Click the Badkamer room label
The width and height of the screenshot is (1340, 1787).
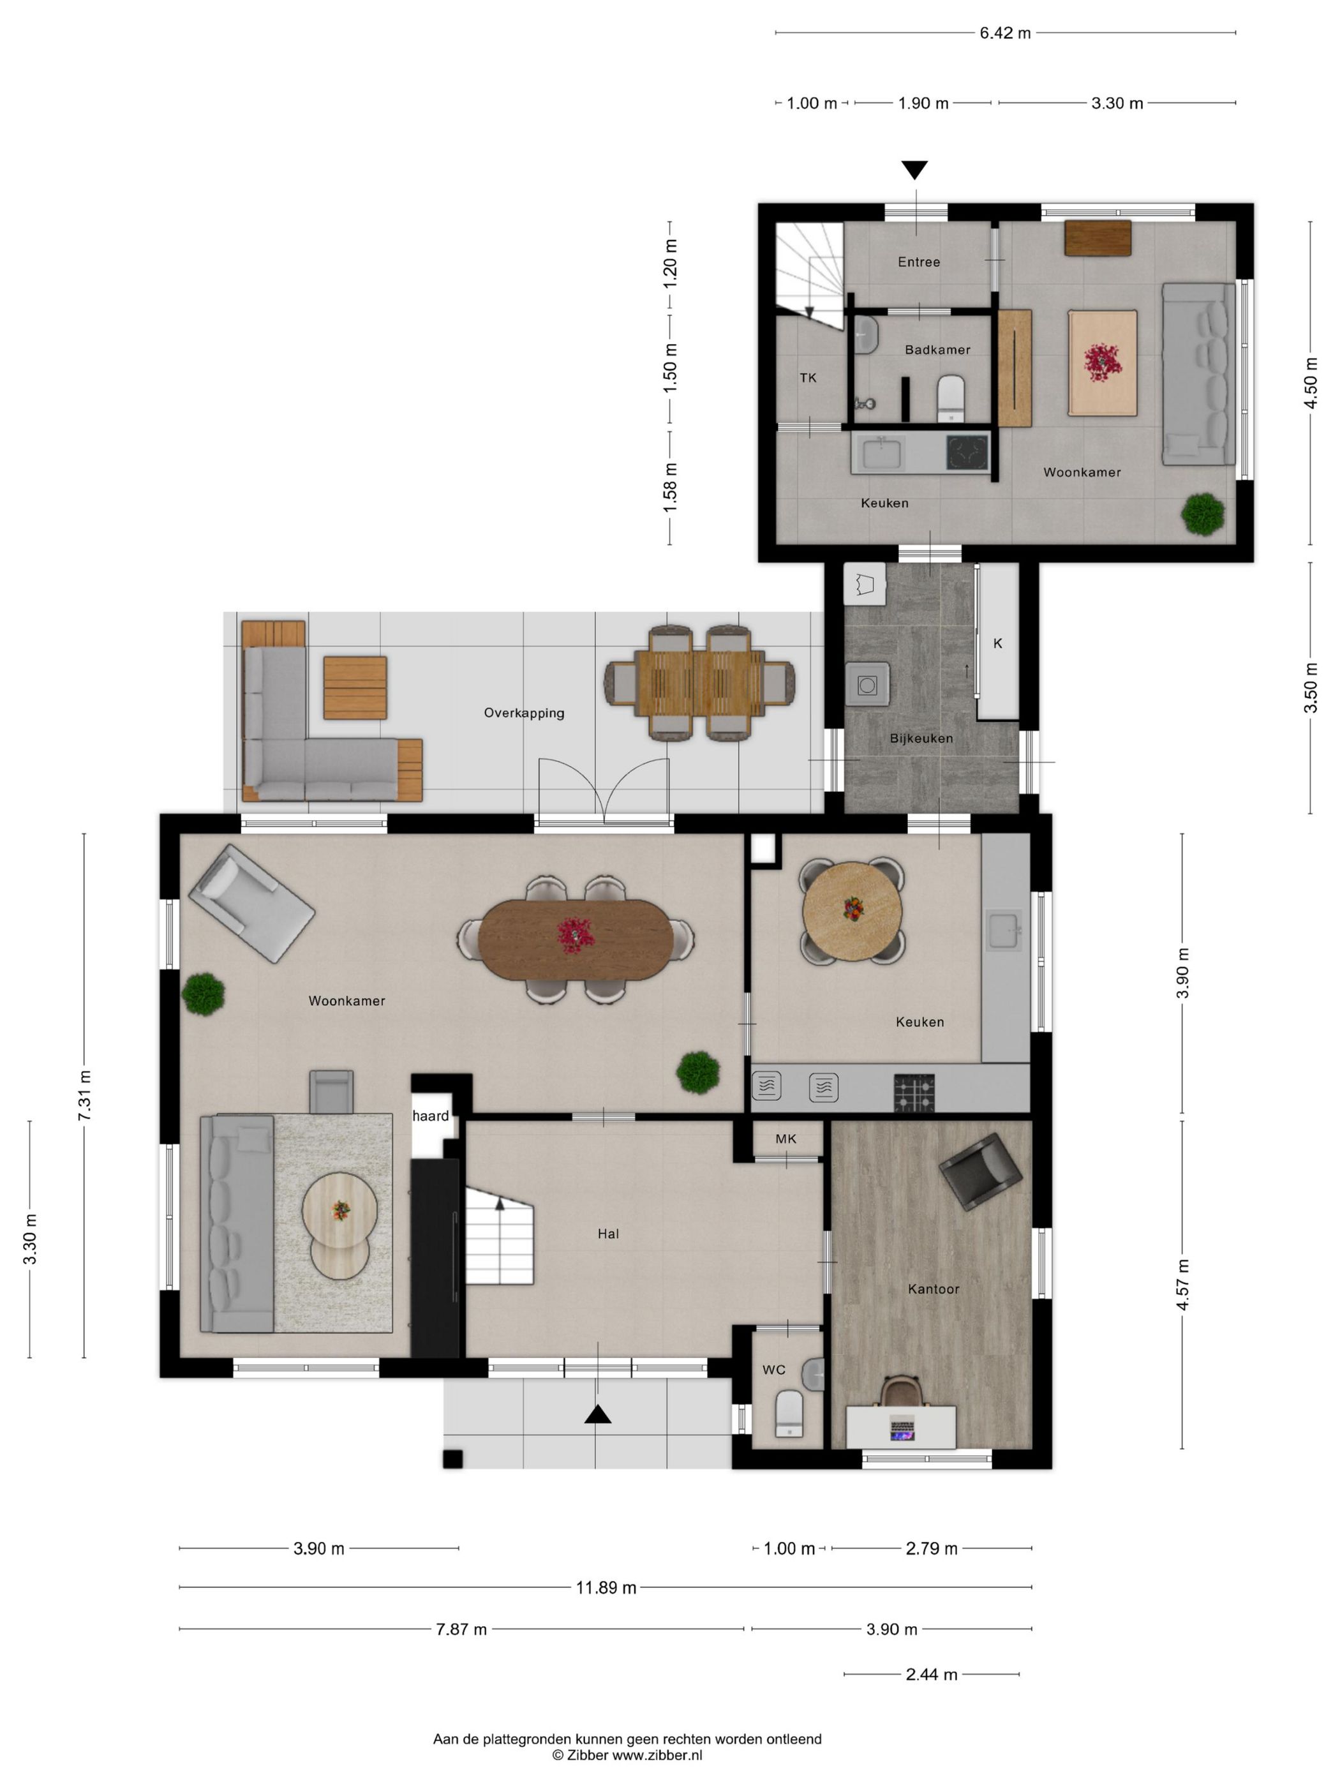click(937, 350)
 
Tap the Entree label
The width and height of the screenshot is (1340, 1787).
click(918, 262)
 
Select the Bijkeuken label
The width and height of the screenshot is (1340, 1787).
click(921, 738)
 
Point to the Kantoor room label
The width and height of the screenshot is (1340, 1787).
click(933, 1289)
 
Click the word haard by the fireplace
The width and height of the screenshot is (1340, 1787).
click(431, 1116)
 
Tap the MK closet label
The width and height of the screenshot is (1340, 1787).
click(785, 1139)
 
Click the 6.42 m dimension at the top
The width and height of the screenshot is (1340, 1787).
click(1005, 33)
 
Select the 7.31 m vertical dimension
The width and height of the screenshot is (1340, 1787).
click(84, 1095)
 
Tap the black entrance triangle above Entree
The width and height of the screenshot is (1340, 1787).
click(914, 170)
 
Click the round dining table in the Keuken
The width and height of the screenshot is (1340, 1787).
click(851, 911)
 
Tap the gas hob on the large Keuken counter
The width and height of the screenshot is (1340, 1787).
click(914, 1093)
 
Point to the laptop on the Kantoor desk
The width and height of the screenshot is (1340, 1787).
click(900, 1428)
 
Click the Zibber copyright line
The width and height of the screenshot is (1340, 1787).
click(627, 1754)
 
